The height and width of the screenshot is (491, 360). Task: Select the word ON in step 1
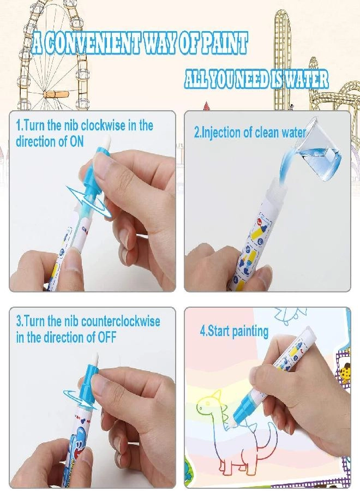coord(76,141)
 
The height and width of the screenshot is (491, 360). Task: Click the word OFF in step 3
coord(107,337)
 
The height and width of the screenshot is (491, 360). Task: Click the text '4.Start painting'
coord(234,331)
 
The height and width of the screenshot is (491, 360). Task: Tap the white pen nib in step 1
coord(107,142)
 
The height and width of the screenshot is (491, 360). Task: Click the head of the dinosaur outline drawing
coord(208,403)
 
